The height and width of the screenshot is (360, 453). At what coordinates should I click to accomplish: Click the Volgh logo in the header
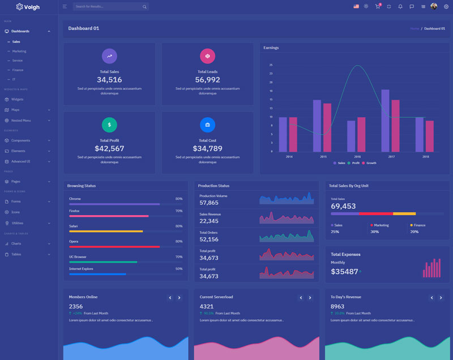coord(28,7)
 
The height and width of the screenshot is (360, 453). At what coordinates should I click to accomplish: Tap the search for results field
coord(108,7)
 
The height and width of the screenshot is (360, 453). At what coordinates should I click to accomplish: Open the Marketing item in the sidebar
coord(19,51)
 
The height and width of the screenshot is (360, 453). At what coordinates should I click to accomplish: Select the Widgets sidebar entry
coord(17,99)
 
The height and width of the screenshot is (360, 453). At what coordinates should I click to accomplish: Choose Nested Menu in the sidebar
coord(21,120)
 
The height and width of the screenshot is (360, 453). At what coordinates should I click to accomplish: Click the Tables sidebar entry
coord(16,254)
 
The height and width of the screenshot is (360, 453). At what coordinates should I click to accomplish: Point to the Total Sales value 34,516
coord(109,80)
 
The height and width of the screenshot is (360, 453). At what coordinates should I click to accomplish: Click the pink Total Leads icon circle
coord(207,56)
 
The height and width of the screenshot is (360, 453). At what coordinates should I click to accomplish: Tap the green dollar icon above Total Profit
coord(109,125)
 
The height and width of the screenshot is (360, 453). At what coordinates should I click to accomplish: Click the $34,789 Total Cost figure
coord(207,149)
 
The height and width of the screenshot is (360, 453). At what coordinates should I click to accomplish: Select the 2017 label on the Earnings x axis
coord(391,157)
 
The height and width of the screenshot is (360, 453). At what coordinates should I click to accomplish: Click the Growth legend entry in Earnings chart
coord(371,163)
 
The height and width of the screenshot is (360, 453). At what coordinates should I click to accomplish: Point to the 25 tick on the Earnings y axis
coord(271,65)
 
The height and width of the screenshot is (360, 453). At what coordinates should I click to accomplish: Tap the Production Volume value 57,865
coord(209,203)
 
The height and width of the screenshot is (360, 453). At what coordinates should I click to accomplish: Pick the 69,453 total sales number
coord(343,206)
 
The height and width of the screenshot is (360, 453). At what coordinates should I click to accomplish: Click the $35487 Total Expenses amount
coord(344,272)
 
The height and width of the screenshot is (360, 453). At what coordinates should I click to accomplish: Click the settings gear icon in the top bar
coord(446,7)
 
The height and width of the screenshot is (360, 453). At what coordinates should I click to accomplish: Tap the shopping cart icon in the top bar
coord(377,7)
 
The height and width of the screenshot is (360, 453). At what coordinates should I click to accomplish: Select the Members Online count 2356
coord(76,306)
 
